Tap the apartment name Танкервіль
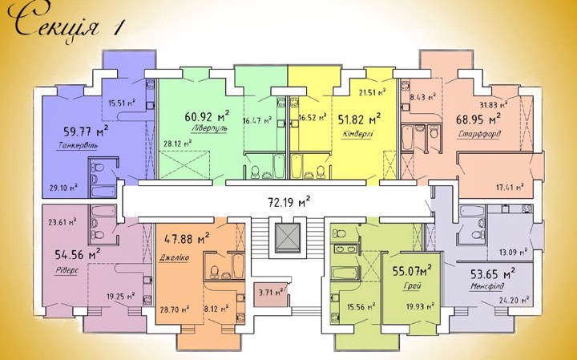tap(78, 146)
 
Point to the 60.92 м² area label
tap(208, 116)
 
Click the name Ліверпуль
tap(209, 129)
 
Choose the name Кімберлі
tap(357, 133)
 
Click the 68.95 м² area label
tap(478, 119)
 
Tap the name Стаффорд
tap(479, 134)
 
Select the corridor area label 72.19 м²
tap(288, 202)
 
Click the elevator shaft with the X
tap(288, 237)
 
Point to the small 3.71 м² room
tap(271, 293)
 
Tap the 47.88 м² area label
tap(187, 240)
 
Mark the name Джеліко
tap(174, 257)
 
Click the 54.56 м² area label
tap(78, 254)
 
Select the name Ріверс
tap(67, 270)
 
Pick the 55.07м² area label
tap(412, 272)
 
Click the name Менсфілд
tap(487, 286)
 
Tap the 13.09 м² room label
tap(513, 253)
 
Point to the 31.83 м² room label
tap(494, 104)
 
